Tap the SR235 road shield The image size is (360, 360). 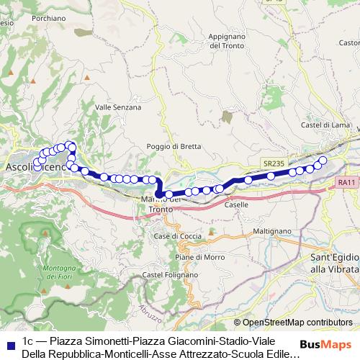pos(273,163)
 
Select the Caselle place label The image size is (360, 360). pos(236,204)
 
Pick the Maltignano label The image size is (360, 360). pos(268,231)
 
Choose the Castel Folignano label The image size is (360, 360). pos(170,274)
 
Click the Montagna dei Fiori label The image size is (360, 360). pos(51,273)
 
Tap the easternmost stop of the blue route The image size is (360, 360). pos(323,160)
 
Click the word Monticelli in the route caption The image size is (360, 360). pos(111,354)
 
